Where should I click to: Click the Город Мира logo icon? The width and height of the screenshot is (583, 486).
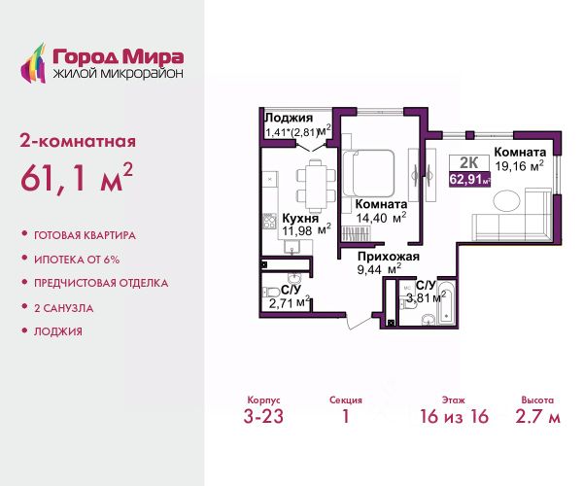[33, 63]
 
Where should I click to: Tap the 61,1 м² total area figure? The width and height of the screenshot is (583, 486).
[76, 178]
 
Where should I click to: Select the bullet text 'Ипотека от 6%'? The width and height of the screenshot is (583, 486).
[77, 260]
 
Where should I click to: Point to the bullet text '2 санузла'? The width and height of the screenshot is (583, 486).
[63, 308]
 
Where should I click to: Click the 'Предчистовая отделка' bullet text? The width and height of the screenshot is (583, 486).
[101, 283]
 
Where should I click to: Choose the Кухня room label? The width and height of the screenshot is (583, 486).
[300, 218]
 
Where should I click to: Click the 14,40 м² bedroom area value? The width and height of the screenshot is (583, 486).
[381, 218]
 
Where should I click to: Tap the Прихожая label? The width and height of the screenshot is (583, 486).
[389, 257]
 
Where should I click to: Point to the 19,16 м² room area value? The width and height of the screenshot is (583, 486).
[520, 166]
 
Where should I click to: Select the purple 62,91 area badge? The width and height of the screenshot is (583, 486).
[470, 180]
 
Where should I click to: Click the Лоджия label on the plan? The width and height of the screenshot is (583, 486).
[289, 118]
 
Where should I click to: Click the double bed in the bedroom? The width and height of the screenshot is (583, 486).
[368, 173]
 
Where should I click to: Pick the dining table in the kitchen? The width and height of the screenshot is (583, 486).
[316, 186]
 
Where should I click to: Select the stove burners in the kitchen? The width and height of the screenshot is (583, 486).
[270, 222]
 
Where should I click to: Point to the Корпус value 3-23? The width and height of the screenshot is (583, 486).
[263, 416]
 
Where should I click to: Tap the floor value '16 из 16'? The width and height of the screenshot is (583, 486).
[454, 416]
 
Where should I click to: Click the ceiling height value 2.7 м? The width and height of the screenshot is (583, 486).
[537, 416]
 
